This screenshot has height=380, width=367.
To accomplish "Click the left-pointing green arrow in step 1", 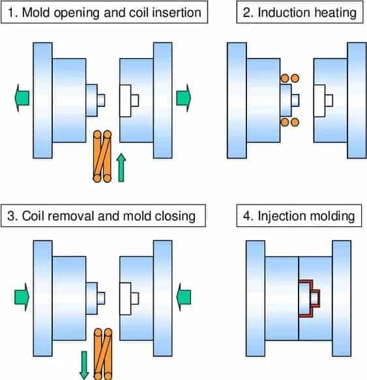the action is click(x=22, y=98).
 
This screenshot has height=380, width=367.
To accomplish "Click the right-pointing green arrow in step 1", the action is click(x=184, y=98).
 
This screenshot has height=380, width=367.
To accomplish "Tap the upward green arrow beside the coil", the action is click(x=121, y=167).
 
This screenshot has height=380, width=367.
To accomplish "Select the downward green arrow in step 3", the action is click(x=84, y=365).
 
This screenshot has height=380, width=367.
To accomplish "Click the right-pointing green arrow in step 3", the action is click(x=22, y=297).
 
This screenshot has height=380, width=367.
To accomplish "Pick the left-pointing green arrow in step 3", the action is click(x=184, y=297).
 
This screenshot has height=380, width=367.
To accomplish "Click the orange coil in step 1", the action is click(x=102, y=156).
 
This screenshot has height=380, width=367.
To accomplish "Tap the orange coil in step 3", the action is click(x=103, y=355).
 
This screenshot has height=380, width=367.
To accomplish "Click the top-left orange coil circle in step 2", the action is click(x=285, y=78).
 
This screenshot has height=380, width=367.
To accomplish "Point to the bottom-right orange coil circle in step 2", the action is click(x=295, y=122).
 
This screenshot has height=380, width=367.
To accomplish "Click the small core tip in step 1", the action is click(x=101, y=101).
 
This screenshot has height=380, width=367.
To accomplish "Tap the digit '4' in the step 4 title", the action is click(x=247, y=215).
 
